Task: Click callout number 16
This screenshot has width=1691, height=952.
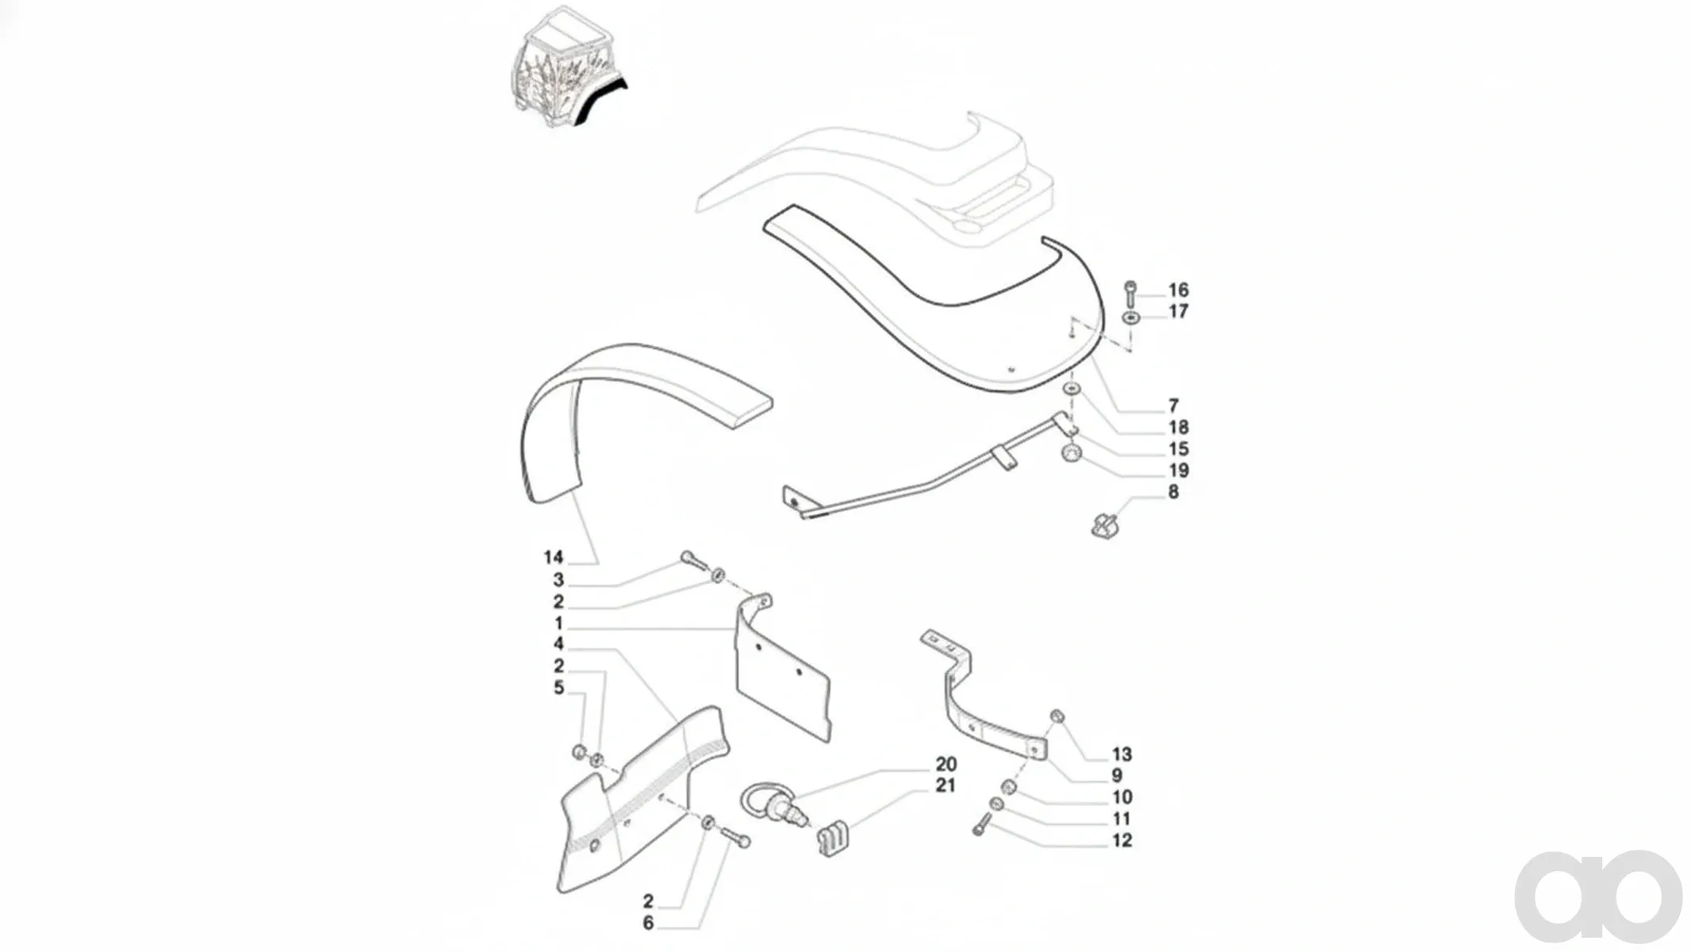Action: point(1178,290)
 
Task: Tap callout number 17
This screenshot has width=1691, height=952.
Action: point(1178,312)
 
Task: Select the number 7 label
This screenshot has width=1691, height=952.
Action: point(1173,406)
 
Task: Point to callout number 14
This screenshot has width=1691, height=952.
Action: point(554,558)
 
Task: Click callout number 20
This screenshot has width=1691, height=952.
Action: point(946,764)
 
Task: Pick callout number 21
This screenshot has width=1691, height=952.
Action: point(946,785)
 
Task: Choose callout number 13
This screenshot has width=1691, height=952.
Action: point(1122,754)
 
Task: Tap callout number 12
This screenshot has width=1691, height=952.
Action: point(1122,840)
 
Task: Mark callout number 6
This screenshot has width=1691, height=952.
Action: point(648,923)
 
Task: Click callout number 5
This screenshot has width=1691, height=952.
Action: point(558,688)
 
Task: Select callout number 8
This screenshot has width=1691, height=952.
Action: point(1173,492)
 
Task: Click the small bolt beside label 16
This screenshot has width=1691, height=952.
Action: point(1130,294)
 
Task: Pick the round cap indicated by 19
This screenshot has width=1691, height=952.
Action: point(1072,454)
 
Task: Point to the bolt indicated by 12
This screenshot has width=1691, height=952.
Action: point(983,824)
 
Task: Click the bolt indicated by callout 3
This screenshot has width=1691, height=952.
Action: point(693,561)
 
